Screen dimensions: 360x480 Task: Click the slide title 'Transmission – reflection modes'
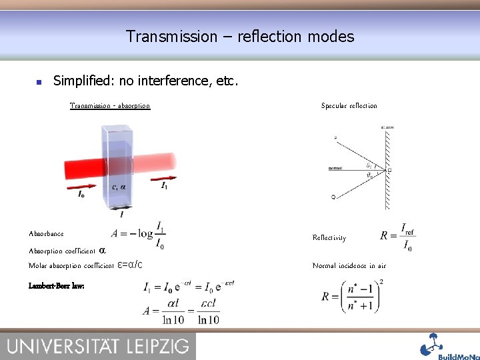click(x=240, y=36)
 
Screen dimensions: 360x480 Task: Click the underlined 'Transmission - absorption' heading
click(x=110, y=105)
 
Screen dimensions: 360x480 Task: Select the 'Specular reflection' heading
click(x=349, y=105)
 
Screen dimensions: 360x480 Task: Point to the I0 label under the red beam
click(x=81, y=194)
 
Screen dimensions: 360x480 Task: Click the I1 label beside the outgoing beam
click(x=165, y=186)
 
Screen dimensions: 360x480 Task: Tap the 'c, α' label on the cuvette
click(x=119, y=187)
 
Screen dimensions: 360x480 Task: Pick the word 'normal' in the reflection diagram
click(x=335, y=169)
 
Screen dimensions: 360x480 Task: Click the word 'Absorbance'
click(x=46, y=233)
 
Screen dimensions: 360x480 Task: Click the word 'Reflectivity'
click(x=329, y=237)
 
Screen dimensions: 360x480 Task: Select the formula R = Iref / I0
click(x=397, y=237)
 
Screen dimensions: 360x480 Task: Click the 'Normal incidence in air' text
click(x=349, y=265)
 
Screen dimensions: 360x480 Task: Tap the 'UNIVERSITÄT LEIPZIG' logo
click(x=98, y=345)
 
